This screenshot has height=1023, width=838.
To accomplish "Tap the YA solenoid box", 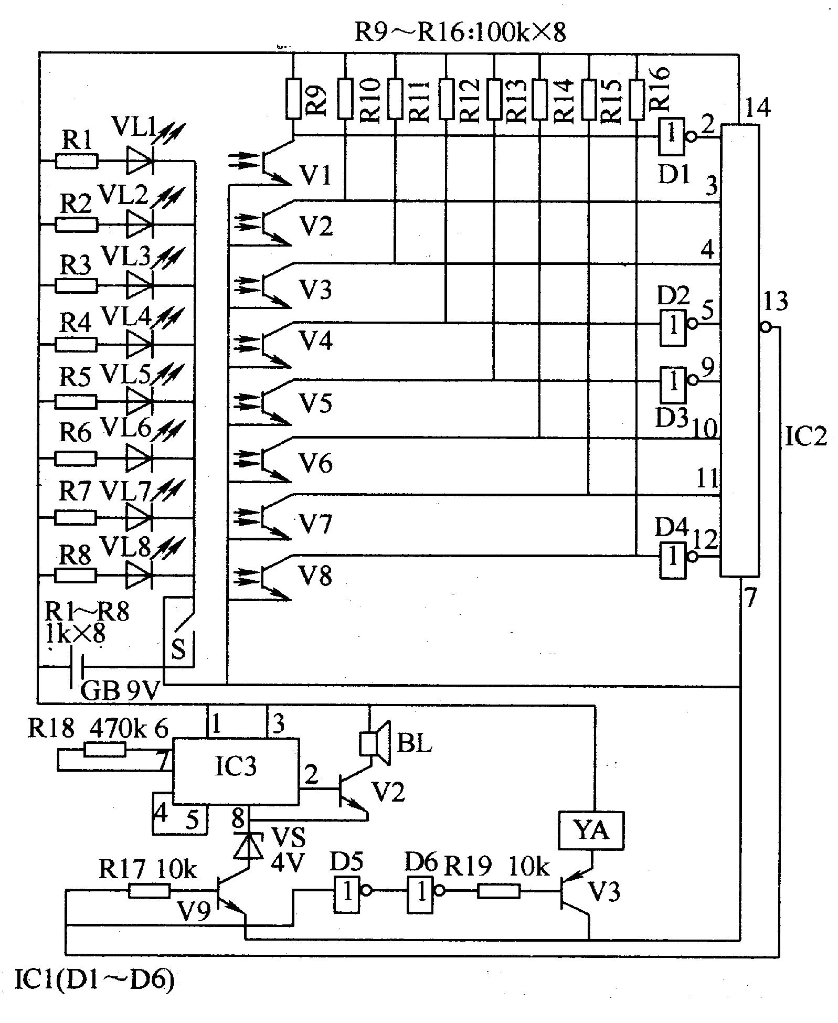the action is pyautogui.click(x=591, y=830).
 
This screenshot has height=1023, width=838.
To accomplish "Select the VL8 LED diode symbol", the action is pyautogui.click(x=139, y=575).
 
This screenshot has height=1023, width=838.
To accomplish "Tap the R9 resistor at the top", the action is pyautogui.click(x=293, y=99).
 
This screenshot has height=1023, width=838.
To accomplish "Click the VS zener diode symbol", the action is pyautogui.click(x=248, y=845).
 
